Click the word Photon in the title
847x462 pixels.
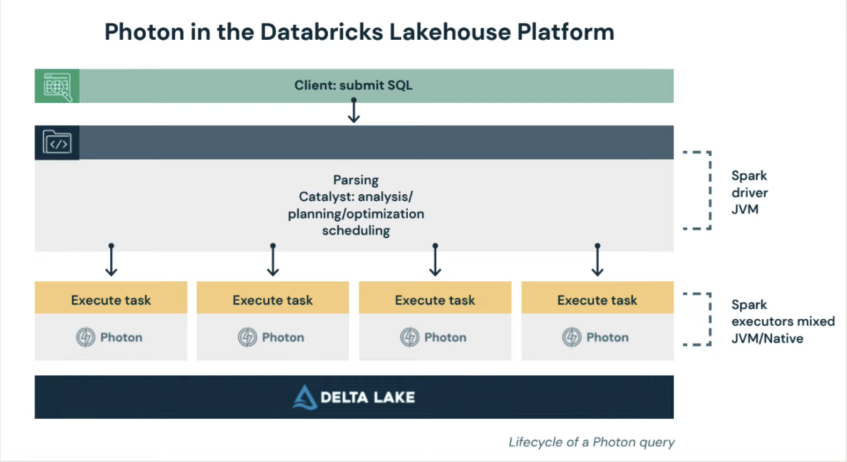(x=144, y=32)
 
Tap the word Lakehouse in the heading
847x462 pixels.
(x=450, y=32)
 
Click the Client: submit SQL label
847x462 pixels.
(x=353, y=85)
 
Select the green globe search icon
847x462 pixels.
(x=57, y=86)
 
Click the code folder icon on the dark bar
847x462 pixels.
(x=57, y=143)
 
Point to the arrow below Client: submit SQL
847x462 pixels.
(x=354, y=111)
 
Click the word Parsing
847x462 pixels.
(x=356, y=180)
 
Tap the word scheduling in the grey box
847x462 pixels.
(x=356, y=230)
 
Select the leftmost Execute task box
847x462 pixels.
(x=111, y=299)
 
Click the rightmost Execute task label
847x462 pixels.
(x=597, y=299)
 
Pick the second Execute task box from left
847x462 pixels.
(x=273, y=299)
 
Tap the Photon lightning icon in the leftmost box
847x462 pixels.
(x=86, y=337)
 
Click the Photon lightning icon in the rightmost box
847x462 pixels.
(x=572, y=337)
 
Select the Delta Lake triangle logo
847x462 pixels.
(x=305, y=397)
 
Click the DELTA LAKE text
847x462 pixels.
(x=367, y=397)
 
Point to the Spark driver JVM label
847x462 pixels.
(x=749, y=192)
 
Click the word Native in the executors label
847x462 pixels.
(x=784, y=338)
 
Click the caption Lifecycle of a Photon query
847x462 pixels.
(x=591, y=442)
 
